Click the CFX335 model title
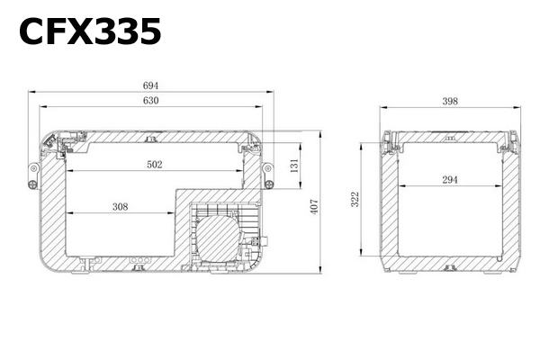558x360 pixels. (x=90, y=31)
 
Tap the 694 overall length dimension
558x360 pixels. (x=150, y=85)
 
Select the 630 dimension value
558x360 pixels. (x=150, y=100)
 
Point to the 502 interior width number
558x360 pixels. (x=155, y=165)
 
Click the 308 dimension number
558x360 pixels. (x=121, y=207)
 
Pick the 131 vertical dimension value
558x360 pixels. (x=294, y=166)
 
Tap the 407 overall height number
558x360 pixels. (x=314, y=206)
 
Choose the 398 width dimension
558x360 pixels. (x=450, y=101)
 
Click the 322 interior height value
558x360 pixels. (x=355, y=199)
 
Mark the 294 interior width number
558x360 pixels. (x=450, y=180)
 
